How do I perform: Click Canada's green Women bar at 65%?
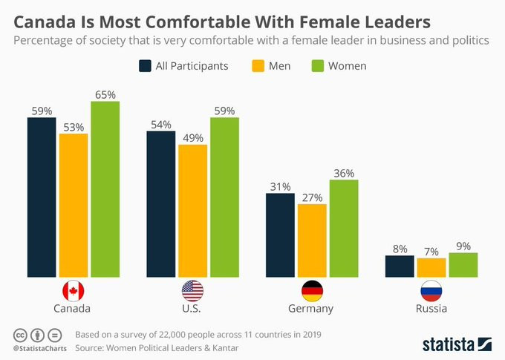click(105, 188)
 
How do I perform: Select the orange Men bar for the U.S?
click(192, 209)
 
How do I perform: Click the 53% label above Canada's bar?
click(74, 128)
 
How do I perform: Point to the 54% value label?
click(161, 125)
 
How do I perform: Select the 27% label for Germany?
click(311, 197)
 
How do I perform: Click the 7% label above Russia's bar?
click(431, 252)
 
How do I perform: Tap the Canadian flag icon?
click(74, 290)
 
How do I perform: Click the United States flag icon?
click(192, 290)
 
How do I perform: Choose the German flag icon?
click(312, 290)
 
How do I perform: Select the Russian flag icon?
click(431, 290)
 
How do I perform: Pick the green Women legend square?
click(316, 66)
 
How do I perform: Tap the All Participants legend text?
click(192, 66)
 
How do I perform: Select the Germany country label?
click(312, 308)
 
